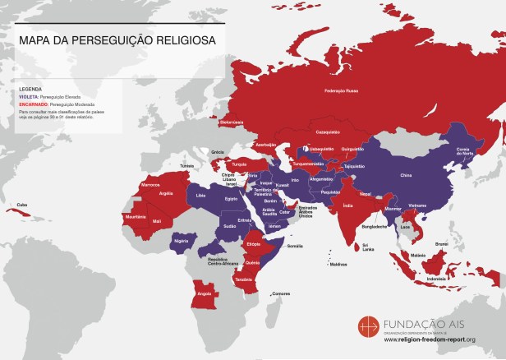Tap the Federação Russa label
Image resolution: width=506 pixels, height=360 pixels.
pos(343,90)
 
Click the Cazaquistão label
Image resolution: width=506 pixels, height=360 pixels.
pos(328,132)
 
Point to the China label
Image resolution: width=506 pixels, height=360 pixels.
pos(405,175)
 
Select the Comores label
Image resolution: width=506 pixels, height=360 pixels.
pos(281,293)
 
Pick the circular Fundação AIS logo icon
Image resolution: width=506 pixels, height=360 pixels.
pos(369,326)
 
